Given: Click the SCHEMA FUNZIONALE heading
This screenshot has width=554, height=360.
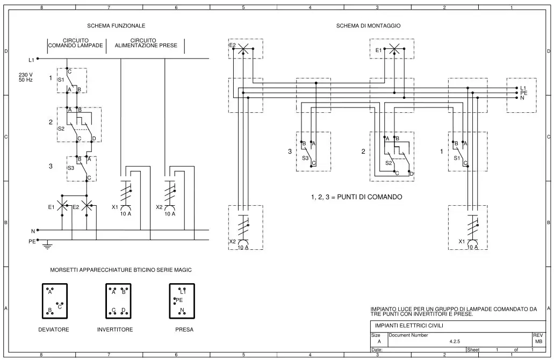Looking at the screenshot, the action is coord(116,26).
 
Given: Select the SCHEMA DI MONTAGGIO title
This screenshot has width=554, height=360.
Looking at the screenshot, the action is coord(368,26).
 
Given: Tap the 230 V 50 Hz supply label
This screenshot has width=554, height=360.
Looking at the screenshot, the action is coord(26,77).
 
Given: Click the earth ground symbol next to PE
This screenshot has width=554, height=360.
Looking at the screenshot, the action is coord(47,244).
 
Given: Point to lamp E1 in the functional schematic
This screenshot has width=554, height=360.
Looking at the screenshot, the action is coord(62,205).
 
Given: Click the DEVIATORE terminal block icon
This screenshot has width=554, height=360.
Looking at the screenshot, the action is coord(55,301).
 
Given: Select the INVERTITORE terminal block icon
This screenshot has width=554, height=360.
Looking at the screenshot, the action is coord(118,301).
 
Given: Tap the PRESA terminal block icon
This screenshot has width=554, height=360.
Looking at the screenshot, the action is coord(182,301).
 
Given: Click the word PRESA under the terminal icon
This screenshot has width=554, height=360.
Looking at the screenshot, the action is coord(184,329).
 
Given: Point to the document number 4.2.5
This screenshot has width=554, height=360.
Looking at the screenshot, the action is coord(455,341).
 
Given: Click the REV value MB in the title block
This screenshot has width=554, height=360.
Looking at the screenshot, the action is coord(538,341).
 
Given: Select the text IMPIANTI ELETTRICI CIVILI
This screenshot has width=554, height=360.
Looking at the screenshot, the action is coord(409,326).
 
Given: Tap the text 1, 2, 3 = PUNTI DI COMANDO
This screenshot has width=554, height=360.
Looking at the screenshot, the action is coord(356,197).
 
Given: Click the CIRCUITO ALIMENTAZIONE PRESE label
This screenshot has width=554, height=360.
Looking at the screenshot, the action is coord(146,43).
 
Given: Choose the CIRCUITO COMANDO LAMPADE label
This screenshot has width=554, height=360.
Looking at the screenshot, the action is coord(76,43).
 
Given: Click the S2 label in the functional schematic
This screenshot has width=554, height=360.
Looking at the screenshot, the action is coord(61,128).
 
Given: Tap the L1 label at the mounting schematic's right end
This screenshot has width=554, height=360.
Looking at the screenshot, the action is coord(523,88).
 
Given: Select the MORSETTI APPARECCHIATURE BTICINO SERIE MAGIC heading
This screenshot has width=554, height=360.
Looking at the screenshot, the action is coord(121,270).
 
